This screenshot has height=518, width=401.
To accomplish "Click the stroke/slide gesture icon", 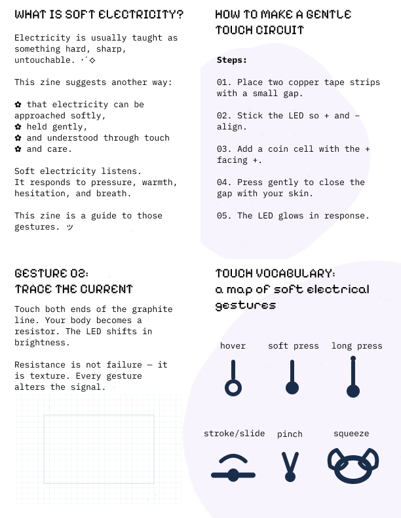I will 233,470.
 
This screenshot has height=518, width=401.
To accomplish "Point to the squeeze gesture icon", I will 353,465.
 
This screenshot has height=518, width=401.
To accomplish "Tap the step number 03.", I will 224,149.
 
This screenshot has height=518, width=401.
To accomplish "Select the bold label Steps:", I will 232,60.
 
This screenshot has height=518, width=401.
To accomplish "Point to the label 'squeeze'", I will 351,434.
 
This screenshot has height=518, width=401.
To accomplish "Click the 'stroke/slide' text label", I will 235,434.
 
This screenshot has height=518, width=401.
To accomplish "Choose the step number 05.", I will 224,216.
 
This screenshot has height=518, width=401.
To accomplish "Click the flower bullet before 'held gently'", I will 18,127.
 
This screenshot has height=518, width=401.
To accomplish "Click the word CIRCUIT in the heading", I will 282,30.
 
